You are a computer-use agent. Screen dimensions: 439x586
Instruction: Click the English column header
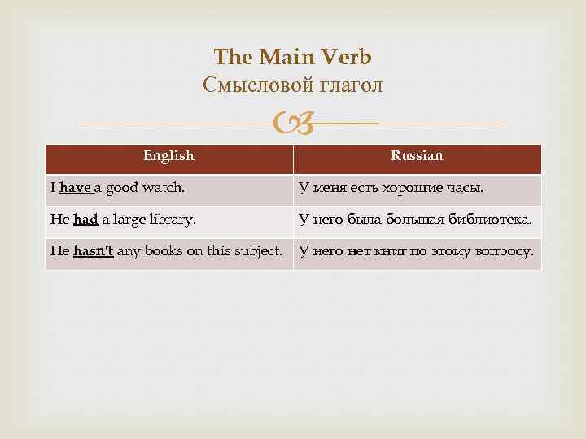click(x=168, y=155)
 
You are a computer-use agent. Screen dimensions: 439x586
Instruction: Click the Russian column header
click(x=417, y=155)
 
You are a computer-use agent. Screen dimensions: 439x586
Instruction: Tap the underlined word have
click(x=75, y=189)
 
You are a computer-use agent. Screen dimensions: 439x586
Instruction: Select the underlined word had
click(x=85, y=219)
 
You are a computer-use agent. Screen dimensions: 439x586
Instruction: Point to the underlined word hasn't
click(x=93, y=250)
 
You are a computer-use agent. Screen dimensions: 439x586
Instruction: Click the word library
click(x=175, y=219)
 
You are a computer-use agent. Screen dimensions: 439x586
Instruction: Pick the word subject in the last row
click(x=258, y=250)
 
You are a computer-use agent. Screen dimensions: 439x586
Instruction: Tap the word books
click(x=165, y=250)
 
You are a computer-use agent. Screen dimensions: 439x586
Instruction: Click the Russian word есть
click(x=354, y=189)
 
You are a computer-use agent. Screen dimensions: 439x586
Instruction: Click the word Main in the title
click(x=282, y=57)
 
